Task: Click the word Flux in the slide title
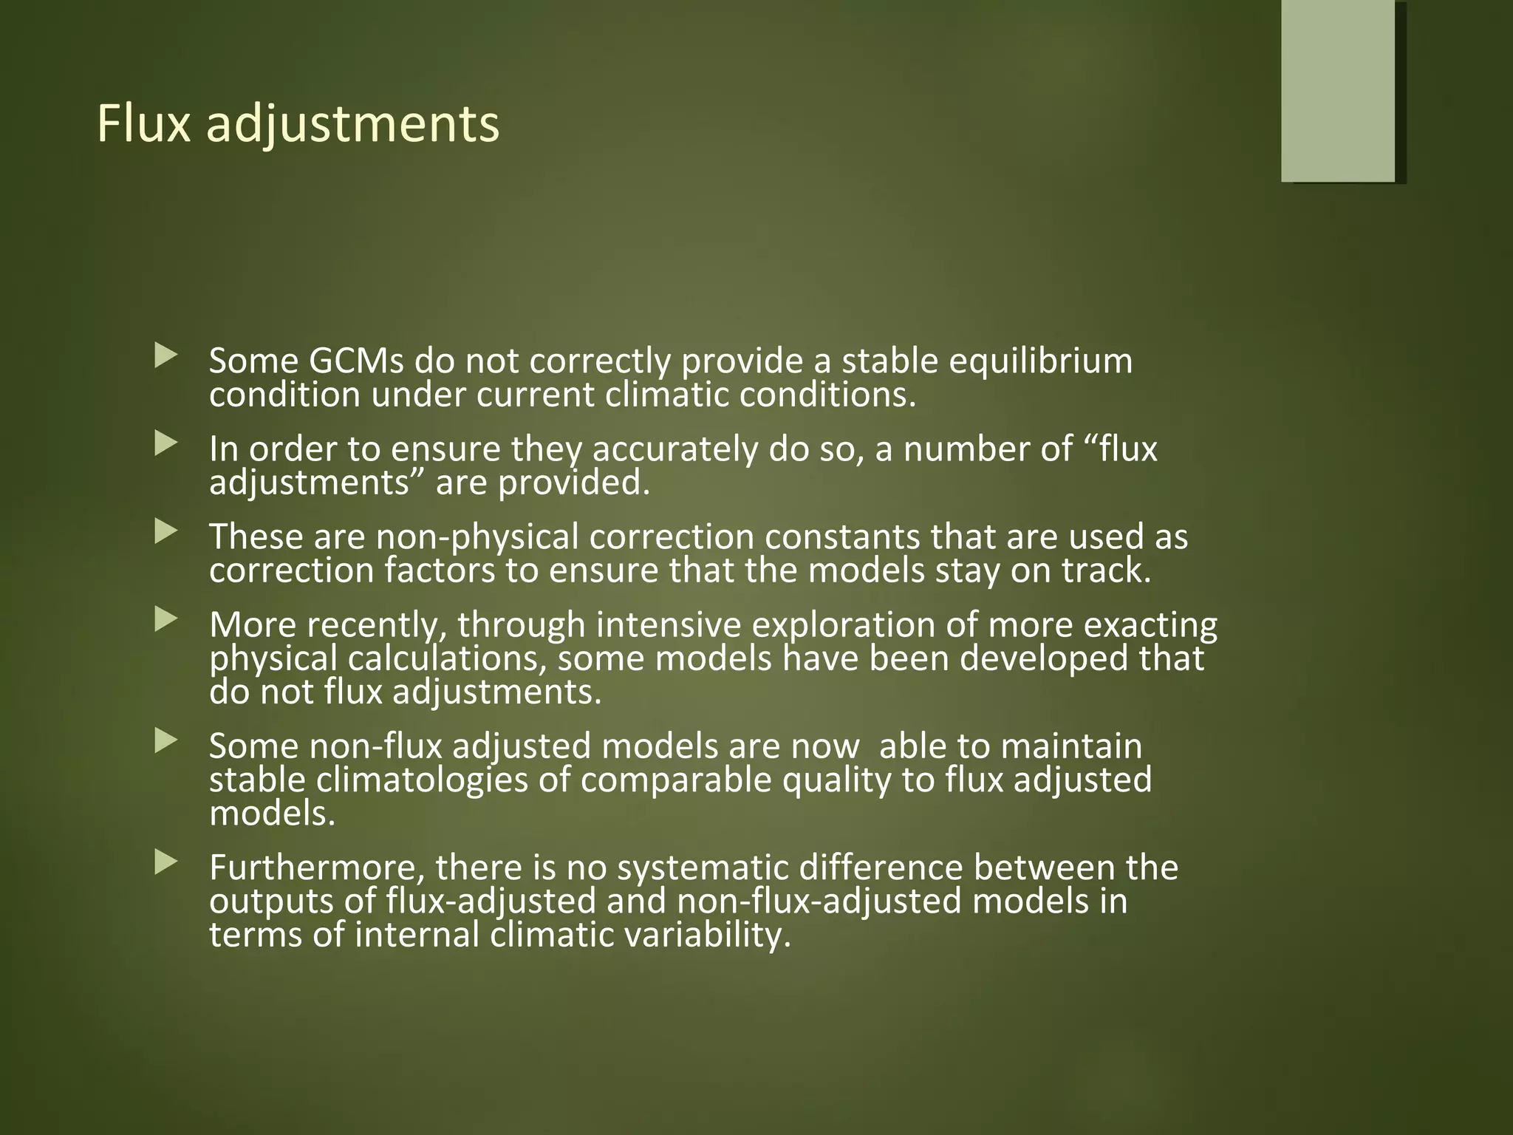143,123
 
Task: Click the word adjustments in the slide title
352,125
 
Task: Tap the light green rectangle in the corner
1338,90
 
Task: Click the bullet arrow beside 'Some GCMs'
166,357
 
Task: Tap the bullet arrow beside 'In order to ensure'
166,445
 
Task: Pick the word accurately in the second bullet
674,449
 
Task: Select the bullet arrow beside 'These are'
166,532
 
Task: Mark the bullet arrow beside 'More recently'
166,620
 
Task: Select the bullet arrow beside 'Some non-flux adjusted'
166,741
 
